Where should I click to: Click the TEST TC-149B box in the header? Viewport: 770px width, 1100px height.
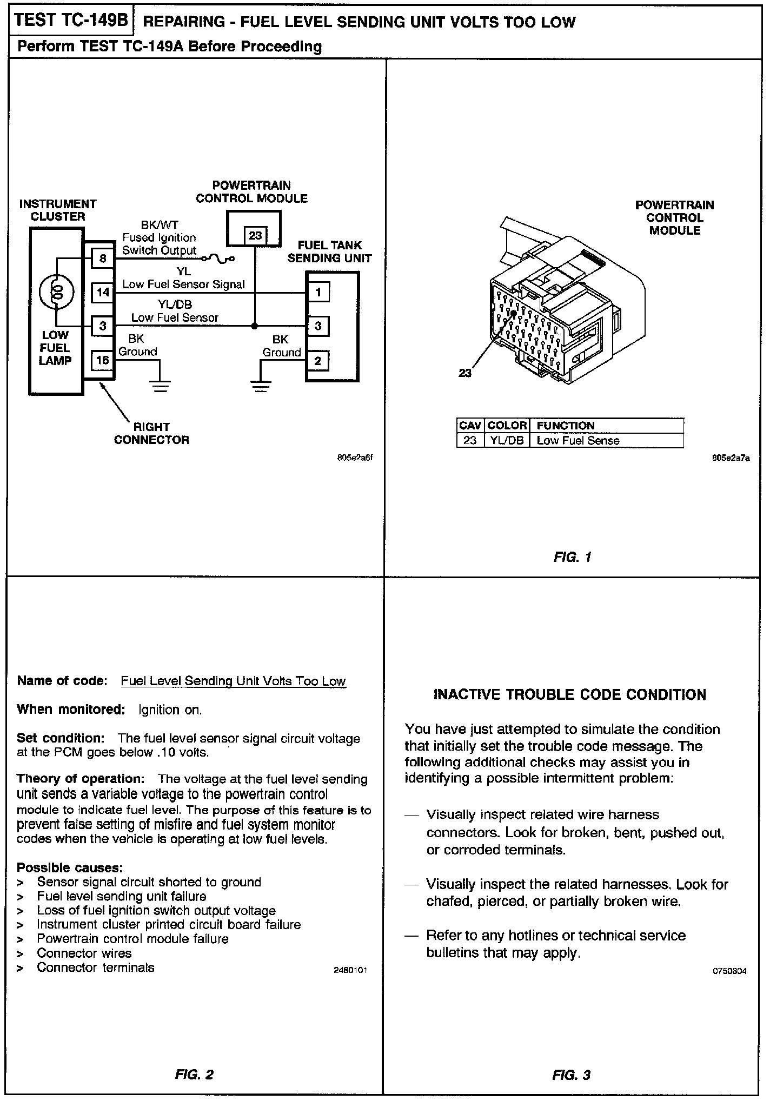(71, 21)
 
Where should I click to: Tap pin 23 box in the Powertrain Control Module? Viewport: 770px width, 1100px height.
(255, 236)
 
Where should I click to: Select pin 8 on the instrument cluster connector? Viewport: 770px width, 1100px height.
(103, 259)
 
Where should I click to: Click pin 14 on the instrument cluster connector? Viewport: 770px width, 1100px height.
(103, 293)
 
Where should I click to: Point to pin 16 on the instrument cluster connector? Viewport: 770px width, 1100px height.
(103, 360)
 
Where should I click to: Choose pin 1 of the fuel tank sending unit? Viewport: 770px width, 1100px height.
(318, 293)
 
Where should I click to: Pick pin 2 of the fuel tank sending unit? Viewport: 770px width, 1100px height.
(318, 361)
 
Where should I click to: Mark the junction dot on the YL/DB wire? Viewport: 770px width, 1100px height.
(255, 326)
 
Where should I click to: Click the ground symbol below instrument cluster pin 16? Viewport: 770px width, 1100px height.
(160, 386)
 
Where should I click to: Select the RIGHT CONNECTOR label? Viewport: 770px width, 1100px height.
(151, 433)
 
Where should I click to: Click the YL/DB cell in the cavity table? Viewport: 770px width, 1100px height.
(507, 440)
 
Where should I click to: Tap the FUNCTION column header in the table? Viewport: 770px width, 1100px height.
(566, 426)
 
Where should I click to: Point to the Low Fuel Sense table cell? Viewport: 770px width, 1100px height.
(577, 440)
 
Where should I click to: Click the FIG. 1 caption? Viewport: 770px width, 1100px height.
(573, 556)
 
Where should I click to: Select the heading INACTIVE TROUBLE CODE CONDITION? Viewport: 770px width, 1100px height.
(570, 695)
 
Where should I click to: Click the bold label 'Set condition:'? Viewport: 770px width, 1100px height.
(60, 738)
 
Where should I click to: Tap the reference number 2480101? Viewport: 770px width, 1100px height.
(351, 970)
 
